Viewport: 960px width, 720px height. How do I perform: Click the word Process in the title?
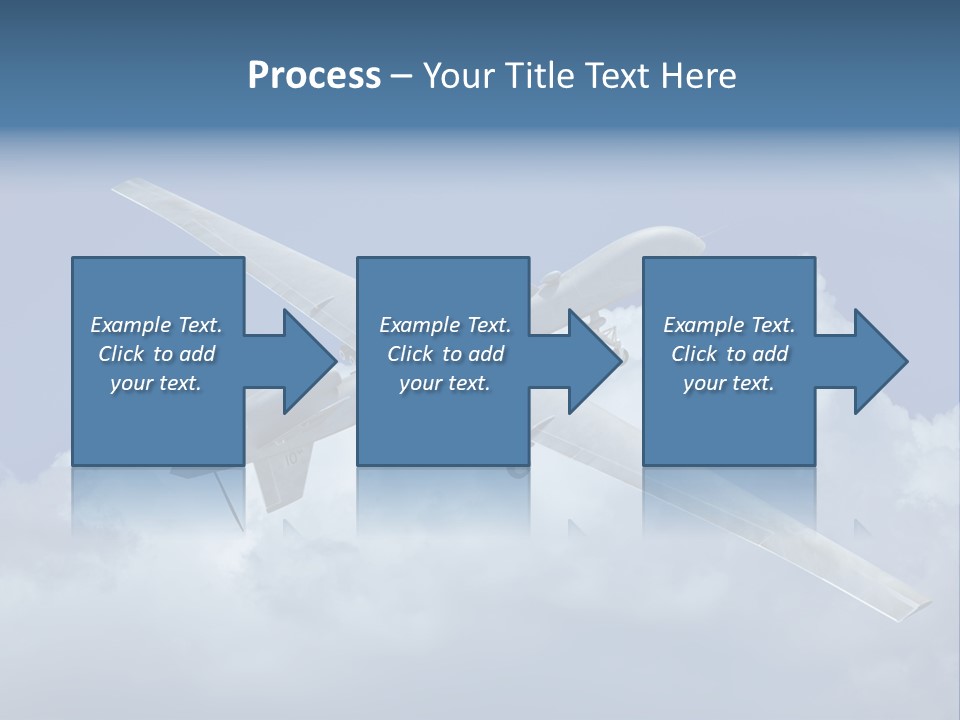314,76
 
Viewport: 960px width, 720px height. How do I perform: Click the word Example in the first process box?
131,325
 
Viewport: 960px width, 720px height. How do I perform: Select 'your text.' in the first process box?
156,383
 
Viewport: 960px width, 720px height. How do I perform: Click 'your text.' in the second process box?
445,383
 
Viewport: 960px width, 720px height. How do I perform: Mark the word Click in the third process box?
694,354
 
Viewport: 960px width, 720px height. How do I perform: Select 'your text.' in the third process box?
729,383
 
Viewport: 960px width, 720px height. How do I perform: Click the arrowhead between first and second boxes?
309,361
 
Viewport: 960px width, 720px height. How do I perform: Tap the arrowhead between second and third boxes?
595,361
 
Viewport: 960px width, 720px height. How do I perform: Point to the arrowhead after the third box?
881,361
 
